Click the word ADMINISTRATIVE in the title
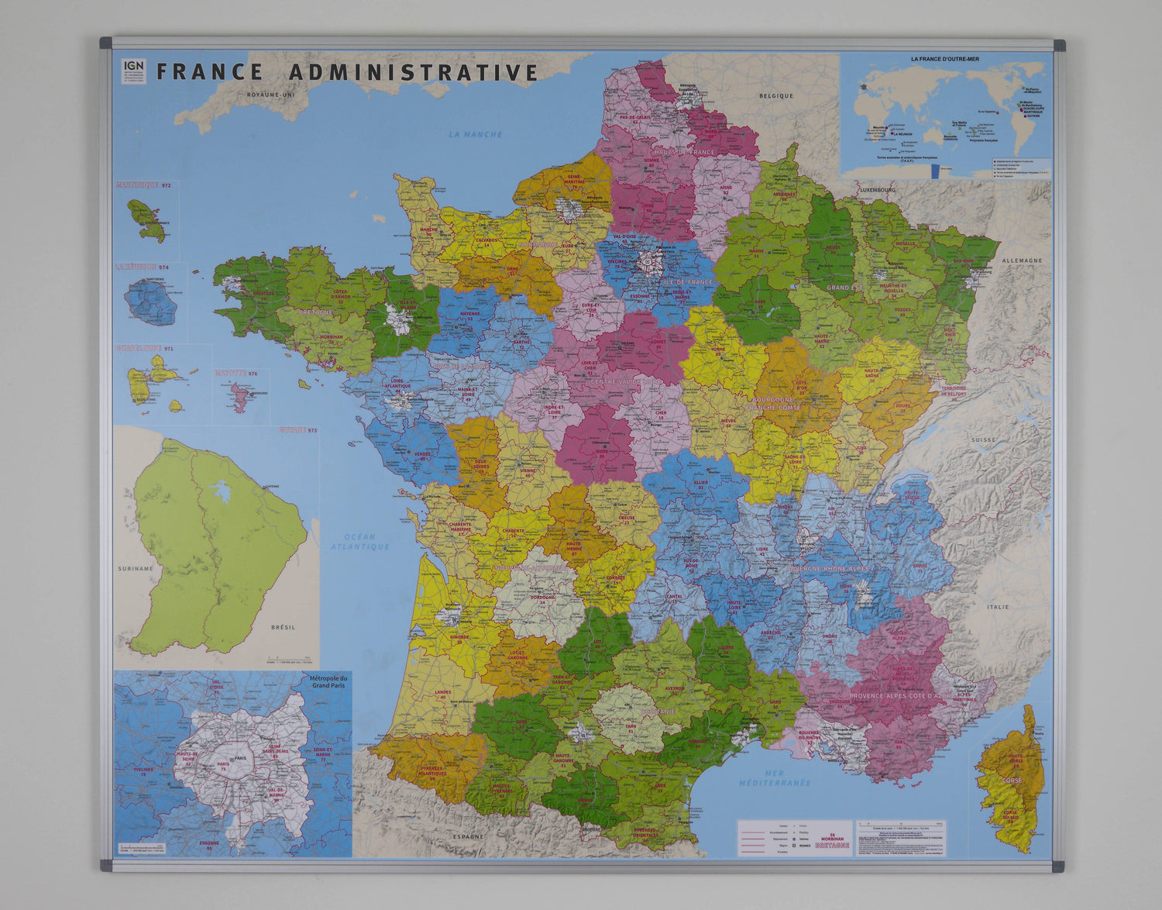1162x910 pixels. [413, 72]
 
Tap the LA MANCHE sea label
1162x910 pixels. [476, 135]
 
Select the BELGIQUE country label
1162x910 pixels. [776, 96]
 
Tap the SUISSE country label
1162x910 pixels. [984, 439]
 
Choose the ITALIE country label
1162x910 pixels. [998, 607]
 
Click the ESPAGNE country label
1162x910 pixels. [468, 836]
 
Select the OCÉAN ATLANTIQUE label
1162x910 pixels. [360, 541]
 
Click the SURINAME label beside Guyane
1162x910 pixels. [136, 568]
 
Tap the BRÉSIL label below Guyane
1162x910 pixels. [283, 626]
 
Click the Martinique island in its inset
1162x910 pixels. [146, 219]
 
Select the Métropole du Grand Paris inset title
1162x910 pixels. [329, 682]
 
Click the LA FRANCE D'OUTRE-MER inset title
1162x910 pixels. [946, 59]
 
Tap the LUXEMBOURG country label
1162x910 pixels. [876, 190]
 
